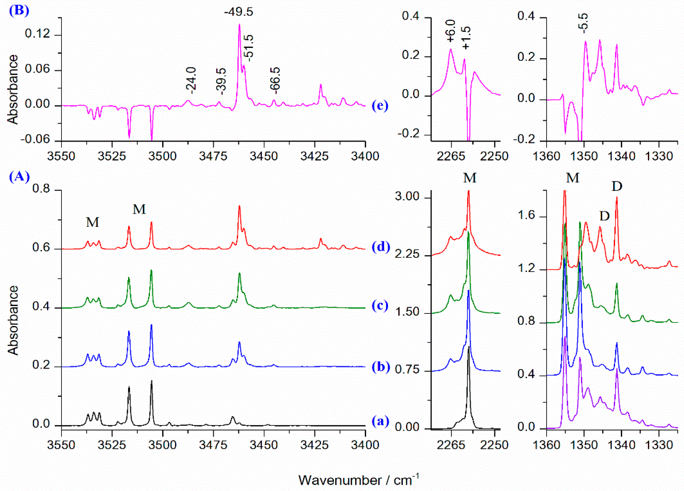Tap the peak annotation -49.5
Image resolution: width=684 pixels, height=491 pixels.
tap(239, 12)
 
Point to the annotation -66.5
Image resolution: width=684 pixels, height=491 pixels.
tap(275, 79)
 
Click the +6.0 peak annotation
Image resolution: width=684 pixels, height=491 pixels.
tap(451, 31)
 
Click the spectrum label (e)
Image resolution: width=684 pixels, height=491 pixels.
tap(380, 106)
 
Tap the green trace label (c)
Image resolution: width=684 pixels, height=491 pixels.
tap(380, 306)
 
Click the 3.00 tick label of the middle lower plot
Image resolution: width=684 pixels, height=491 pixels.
tap(407, 197)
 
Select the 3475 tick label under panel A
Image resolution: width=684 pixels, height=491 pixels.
tap(214, 445)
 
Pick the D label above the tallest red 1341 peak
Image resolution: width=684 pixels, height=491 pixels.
tap(617, 187)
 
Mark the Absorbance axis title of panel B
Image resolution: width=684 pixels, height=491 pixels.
tap(13, 89)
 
